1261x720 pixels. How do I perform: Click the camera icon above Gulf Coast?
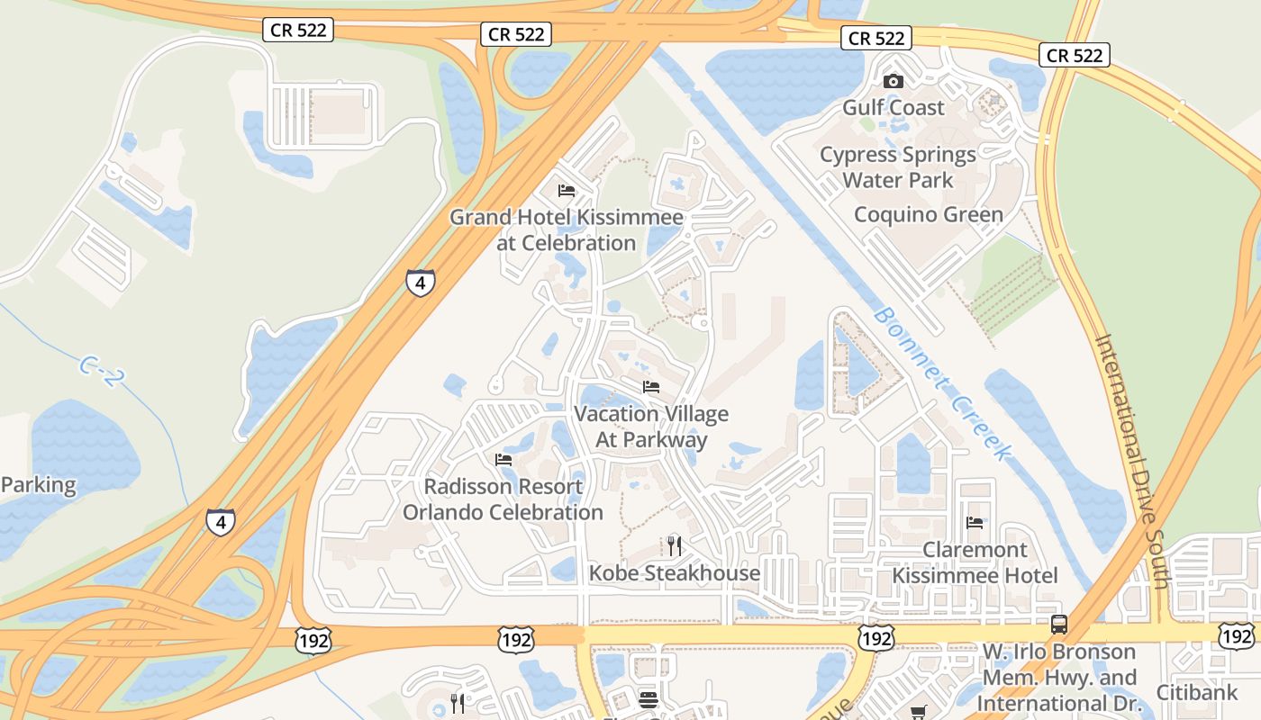tap(894, 81)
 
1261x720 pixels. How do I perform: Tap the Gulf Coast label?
tap(894, 108)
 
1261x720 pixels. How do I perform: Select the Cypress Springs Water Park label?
tap(897, 167)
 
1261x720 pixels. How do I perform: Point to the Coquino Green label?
tap(928, 215)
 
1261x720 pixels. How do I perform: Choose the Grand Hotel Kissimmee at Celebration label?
tap(567, 230)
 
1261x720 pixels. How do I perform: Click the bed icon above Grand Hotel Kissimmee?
tap(567, 191)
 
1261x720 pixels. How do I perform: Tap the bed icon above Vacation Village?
tap(651, 387)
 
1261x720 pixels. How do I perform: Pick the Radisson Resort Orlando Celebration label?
tap(503, 499)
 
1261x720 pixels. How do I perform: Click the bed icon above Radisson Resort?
tap(503, 459)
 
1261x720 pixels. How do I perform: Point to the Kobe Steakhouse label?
tap(675, 573)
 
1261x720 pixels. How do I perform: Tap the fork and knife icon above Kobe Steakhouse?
tap(674, 545)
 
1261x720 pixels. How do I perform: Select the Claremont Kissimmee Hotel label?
tap(975, 562)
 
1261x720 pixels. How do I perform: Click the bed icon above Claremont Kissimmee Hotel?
tap(974, 522)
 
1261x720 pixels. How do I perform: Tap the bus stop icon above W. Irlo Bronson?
tap(1059, 624)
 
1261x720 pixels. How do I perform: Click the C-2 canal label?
tap(98, 372)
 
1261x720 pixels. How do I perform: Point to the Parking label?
tap(39, 485)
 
